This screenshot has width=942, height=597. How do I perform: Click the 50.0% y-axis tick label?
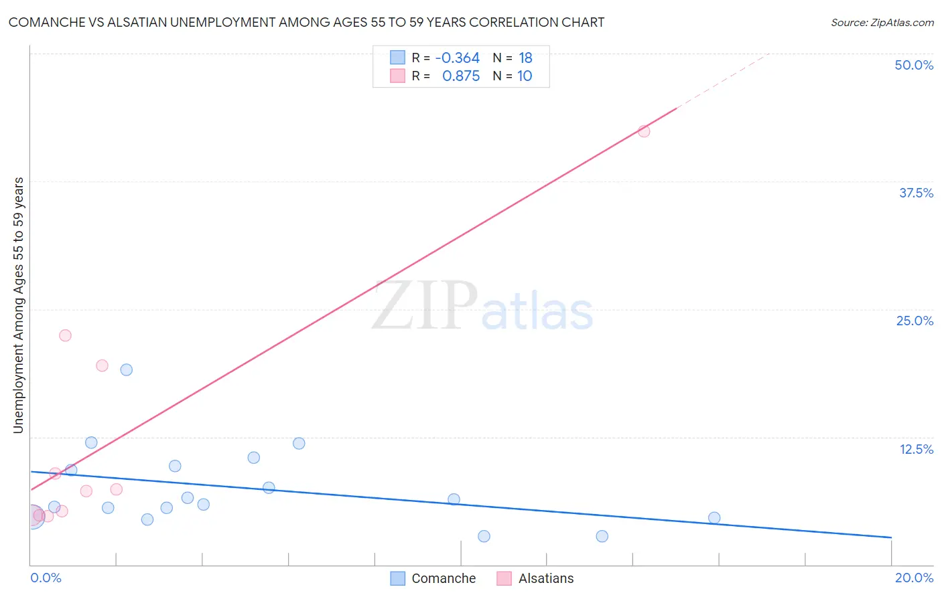pos(914,65)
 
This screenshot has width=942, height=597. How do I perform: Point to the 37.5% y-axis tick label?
pos(916,193)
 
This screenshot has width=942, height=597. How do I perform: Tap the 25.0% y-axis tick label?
pos(915,321)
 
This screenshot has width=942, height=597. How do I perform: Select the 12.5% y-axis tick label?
pos(916,449)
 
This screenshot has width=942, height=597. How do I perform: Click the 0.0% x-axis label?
pos(46,578)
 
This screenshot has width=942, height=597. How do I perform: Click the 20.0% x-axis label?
pos(914,578)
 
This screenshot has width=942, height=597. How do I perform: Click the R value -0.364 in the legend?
pos(457,58)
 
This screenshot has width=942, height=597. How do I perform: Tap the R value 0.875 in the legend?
pos(461,76)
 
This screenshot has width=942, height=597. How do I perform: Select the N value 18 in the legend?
pos(525,58)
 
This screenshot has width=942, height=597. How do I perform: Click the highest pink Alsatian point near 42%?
pos(644,131)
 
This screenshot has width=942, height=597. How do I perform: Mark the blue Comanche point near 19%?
pos(127,369)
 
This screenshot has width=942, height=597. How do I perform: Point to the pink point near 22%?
pos(65,335)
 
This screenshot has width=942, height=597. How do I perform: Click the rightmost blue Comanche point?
pos(714,517)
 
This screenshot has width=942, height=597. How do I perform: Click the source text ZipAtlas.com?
pos(882,23)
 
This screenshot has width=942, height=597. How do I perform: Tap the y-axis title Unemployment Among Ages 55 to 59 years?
pos(18,305)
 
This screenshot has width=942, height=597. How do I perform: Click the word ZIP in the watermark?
pos(425,307)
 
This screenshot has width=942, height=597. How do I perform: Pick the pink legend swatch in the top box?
pos(397,76)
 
